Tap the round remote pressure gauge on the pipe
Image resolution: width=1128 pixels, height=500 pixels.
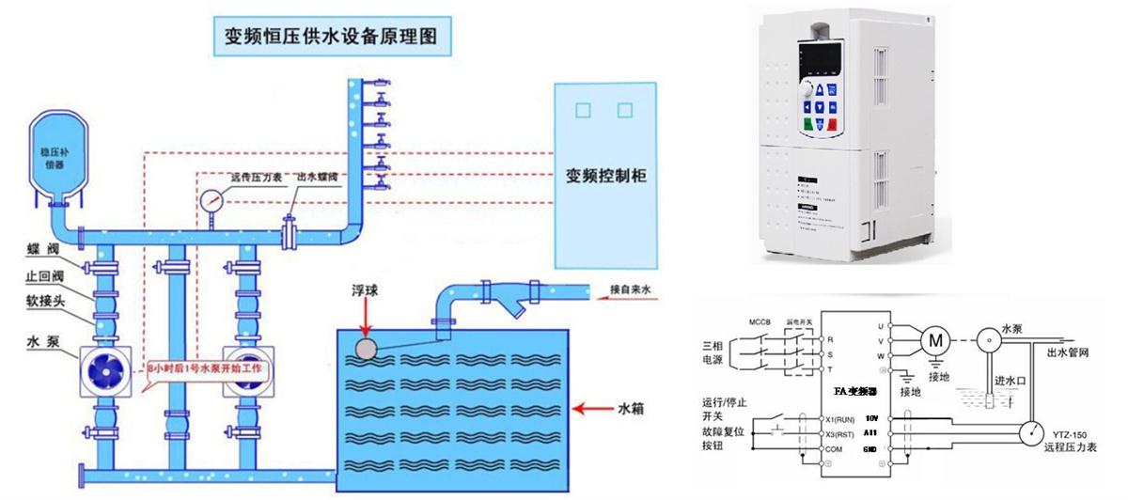[x=211, y=201]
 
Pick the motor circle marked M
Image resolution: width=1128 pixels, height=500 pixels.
[x=935, y=339]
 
